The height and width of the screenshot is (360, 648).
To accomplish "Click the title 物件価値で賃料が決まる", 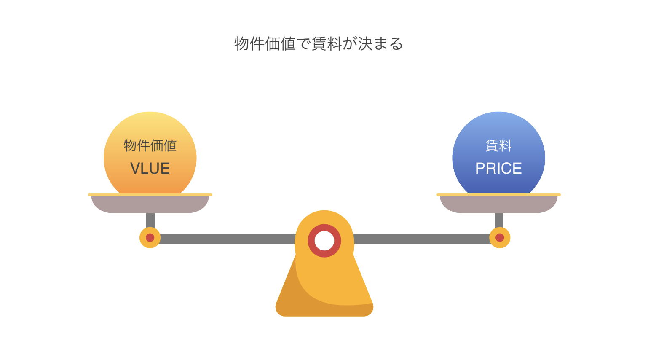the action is pos(319,44).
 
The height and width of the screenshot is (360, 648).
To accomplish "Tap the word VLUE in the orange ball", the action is pos(150,169).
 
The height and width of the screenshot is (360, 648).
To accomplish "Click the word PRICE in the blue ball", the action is pos(498,169).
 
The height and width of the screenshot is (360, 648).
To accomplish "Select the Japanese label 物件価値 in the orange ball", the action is pos(150,145).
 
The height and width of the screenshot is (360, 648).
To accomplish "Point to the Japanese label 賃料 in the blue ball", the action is pos(498,145).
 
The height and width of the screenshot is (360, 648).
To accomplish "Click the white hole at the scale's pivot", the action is pos(324,241).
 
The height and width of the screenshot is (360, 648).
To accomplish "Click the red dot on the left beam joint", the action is pos(150,238).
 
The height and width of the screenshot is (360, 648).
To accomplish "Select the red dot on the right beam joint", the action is pos(500,238).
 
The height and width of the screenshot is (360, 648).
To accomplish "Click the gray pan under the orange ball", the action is pos(150,204).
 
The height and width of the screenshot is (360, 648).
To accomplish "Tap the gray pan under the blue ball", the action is pos(498,204).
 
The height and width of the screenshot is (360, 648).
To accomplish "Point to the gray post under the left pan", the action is pos(150,220).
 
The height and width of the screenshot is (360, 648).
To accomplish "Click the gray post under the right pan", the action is pos(499,220).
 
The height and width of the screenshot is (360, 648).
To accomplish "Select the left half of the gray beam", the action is pos(227,239).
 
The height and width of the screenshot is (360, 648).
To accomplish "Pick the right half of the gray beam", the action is pos(422,239).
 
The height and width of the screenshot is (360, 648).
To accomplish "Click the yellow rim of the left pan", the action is pos(150,195).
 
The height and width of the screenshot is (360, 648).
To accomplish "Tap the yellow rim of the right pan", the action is pos(499,195).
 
